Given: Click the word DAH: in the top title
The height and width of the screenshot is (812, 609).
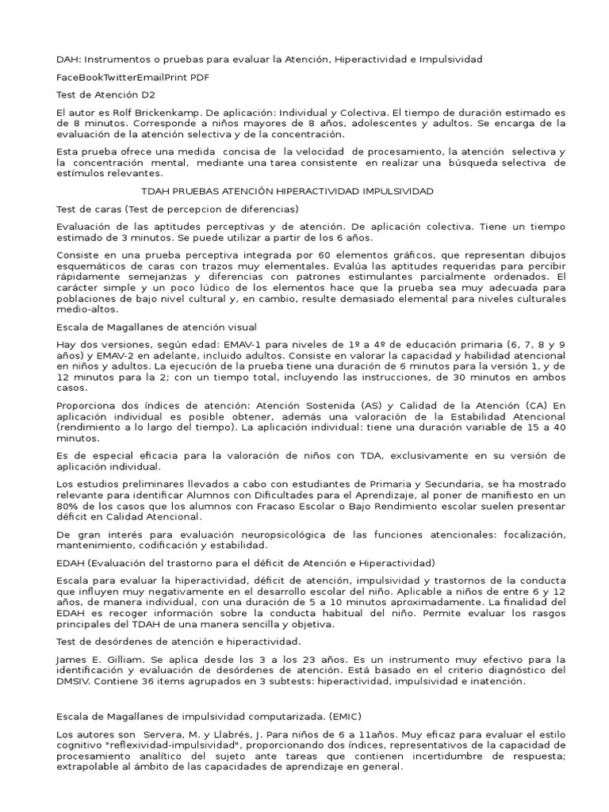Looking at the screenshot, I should (68, 59).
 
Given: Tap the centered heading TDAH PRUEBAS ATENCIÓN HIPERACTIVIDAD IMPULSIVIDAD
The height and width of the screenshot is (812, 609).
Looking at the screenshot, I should (287, 191).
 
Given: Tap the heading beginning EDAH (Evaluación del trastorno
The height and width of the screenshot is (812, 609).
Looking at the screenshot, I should (246, 563).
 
